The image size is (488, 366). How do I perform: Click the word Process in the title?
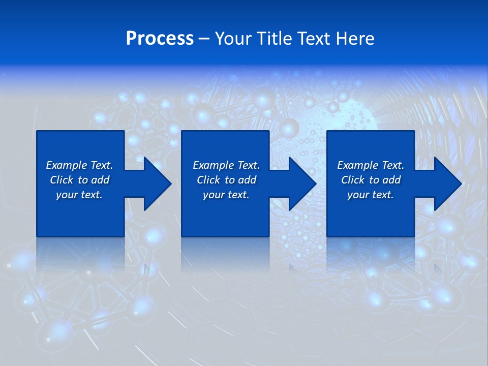click(160, 39)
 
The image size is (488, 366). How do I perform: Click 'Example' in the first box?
click(67, 165)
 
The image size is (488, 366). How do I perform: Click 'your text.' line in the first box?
click(79, 195)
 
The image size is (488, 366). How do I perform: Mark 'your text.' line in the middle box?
click(226, 195)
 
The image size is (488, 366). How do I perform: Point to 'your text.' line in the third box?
click(371, 195)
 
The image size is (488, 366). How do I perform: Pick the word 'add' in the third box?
click(391, 180)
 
